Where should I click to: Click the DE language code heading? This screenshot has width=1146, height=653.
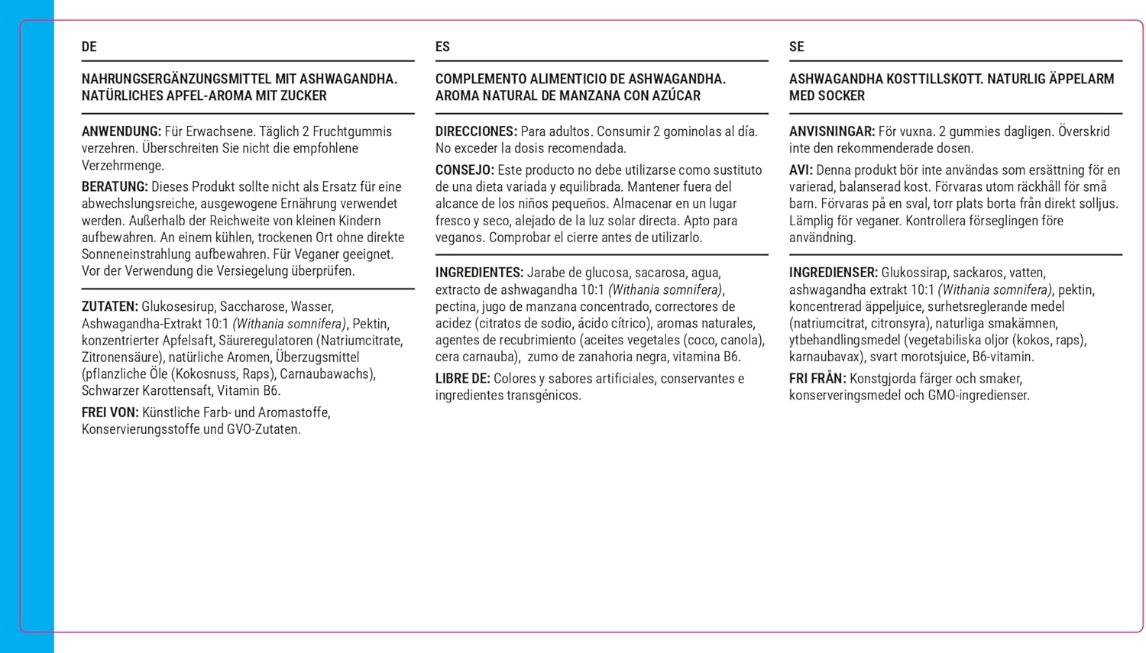tap(89, 47)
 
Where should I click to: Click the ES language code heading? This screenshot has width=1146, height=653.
tap(442, 47)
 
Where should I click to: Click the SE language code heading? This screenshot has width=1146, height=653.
tap(796, 47)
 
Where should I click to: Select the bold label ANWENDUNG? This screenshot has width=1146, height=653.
tap(121, 131)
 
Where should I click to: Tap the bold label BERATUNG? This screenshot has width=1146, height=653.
tap(115, 186)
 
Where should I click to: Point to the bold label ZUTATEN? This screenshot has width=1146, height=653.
tap(110, 306)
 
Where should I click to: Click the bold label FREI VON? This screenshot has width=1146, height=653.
tap(110, 412)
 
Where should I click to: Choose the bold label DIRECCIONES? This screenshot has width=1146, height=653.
tap(476, 131)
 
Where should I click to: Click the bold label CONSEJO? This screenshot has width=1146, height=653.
tap(465, 170)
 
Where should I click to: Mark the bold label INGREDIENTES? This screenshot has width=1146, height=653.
tap(479, 273)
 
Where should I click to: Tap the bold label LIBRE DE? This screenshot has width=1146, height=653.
tap(462, 379)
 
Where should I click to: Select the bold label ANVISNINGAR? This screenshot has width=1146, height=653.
tap(831, 131)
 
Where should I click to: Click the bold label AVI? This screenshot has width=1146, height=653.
tap(801, 170)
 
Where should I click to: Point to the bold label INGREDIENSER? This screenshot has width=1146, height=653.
tap(834, 273)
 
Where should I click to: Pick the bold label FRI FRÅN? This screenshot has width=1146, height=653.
tap(817, 379)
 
